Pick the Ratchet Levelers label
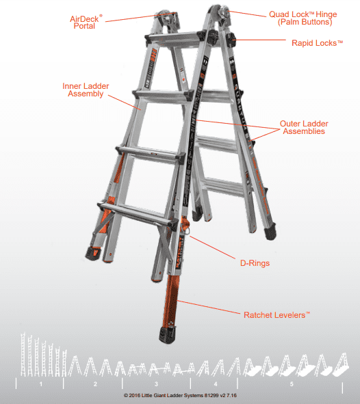[x=277, y=314]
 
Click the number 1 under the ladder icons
[x=41, y=384]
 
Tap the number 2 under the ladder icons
[x=95, y=384]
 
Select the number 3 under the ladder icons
[x=156, y=384]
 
